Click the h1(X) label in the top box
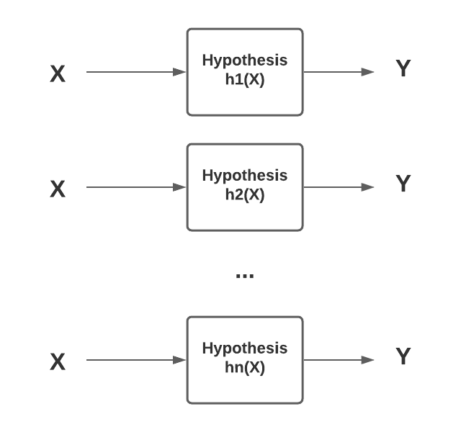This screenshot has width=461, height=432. point(245,80)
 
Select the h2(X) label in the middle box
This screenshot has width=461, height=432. point(245,195)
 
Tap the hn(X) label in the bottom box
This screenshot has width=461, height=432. point(245,368)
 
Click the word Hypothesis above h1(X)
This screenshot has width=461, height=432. point(245,60)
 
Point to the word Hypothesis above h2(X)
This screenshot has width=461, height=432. point(245,176)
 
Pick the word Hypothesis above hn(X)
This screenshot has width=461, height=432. point(245,348)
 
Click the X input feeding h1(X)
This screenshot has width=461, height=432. point(58,73)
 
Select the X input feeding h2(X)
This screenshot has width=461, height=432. point(58,189)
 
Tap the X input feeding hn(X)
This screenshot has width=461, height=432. point(58,361)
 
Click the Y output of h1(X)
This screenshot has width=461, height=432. point(403,69)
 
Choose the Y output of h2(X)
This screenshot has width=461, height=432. point(403,184)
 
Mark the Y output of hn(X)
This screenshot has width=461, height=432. point(403,357)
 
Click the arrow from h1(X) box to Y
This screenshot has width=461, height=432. point(339,72)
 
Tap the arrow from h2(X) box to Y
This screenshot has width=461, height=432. point(339,187)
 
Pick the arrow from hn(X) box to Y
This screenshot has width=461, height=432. point(339,360)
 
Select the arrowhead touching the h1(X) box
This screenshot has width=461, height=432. point(180,72)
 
